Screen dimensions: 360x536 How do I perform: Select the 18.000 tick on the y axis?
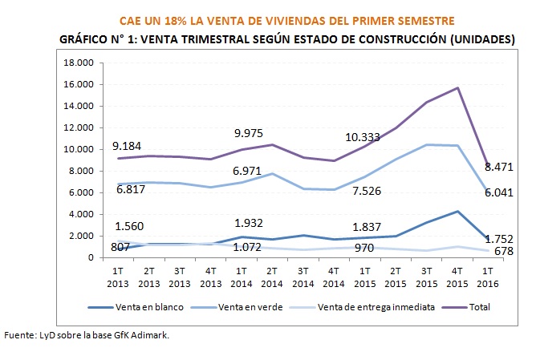pyautogui.click(x=79, y=63)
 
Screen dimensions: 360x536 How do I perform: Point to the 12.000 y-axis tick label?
pyautogui.click(x=79, y=127)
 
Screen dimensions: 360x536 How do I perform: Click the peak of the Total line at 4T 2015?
pyautogui.click(x=457, y=88)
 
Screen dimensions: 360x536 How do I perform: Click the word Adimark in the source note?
pyautogui.click(x=151, y=334)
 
